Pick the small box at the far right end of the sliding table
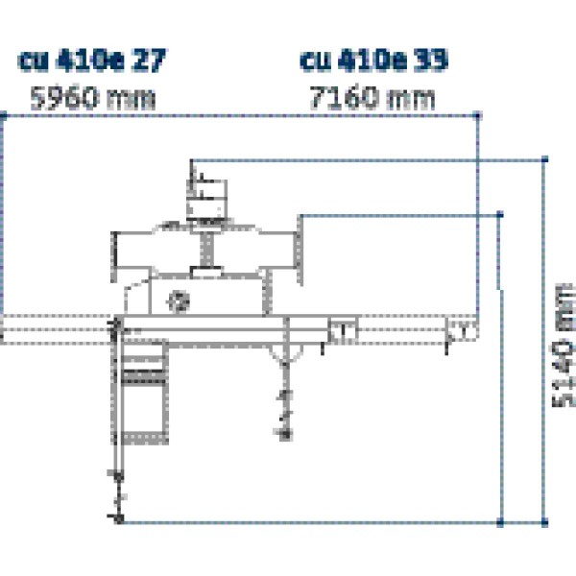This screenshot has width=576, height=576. point(462,331)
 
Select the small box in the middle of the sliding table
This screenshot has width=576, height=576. point(342,331)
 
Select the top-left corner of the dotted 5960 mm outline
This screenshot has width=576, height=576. point(4,115)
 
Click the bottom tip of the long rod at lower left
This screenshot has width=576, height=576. point(118,519)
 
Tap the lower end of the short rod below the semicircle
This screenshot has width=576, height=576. point(284,436)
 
